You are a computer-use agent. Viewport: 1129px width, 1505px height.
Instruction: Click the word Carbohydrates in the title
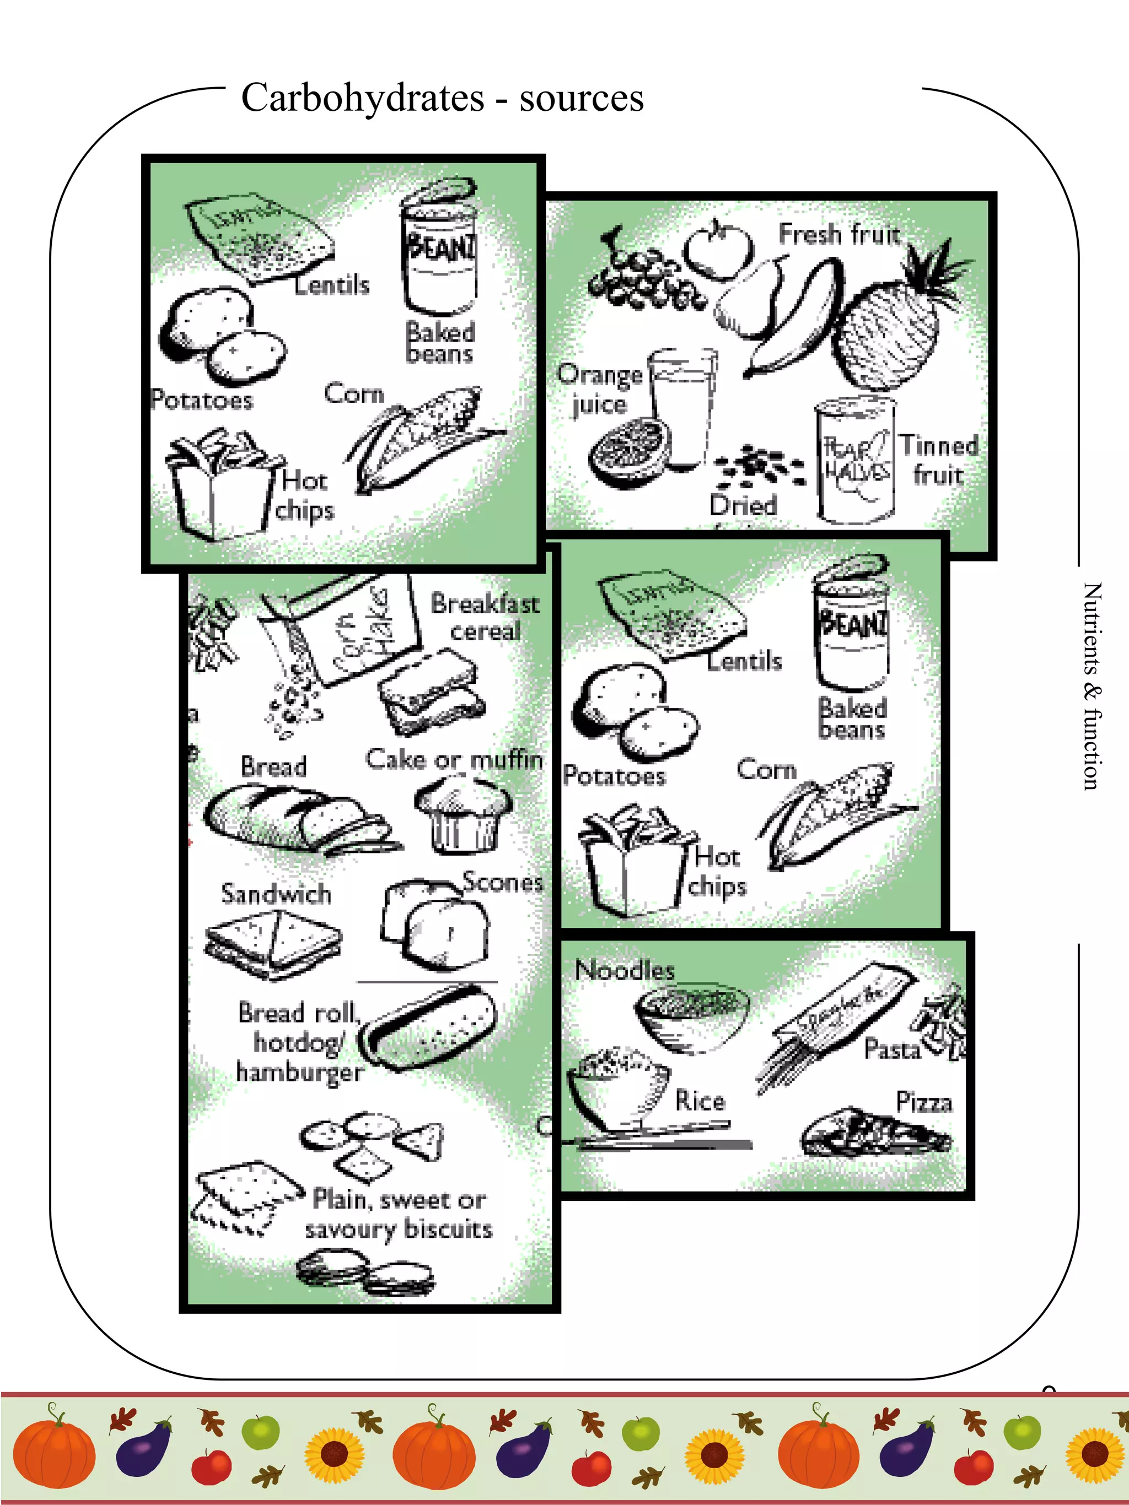click(362, 98)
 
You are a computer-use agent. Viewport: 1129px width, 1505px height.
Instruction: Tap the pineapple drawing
click(891, 327)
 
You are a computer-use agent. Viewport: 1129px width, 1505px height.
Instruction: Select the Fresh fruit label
click(838, 234)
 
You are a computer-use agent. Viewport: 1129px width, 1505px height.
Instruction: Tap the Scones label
click(502, 882)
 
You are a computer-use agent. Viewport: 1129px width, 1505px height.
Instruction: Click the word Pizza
click(923, 1102)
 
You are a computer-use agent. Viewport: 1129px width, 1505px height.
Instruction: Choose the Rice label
click(700, 1100)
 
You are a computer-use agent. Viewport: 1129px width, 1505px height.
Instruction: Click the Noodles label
click(625, 969)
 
